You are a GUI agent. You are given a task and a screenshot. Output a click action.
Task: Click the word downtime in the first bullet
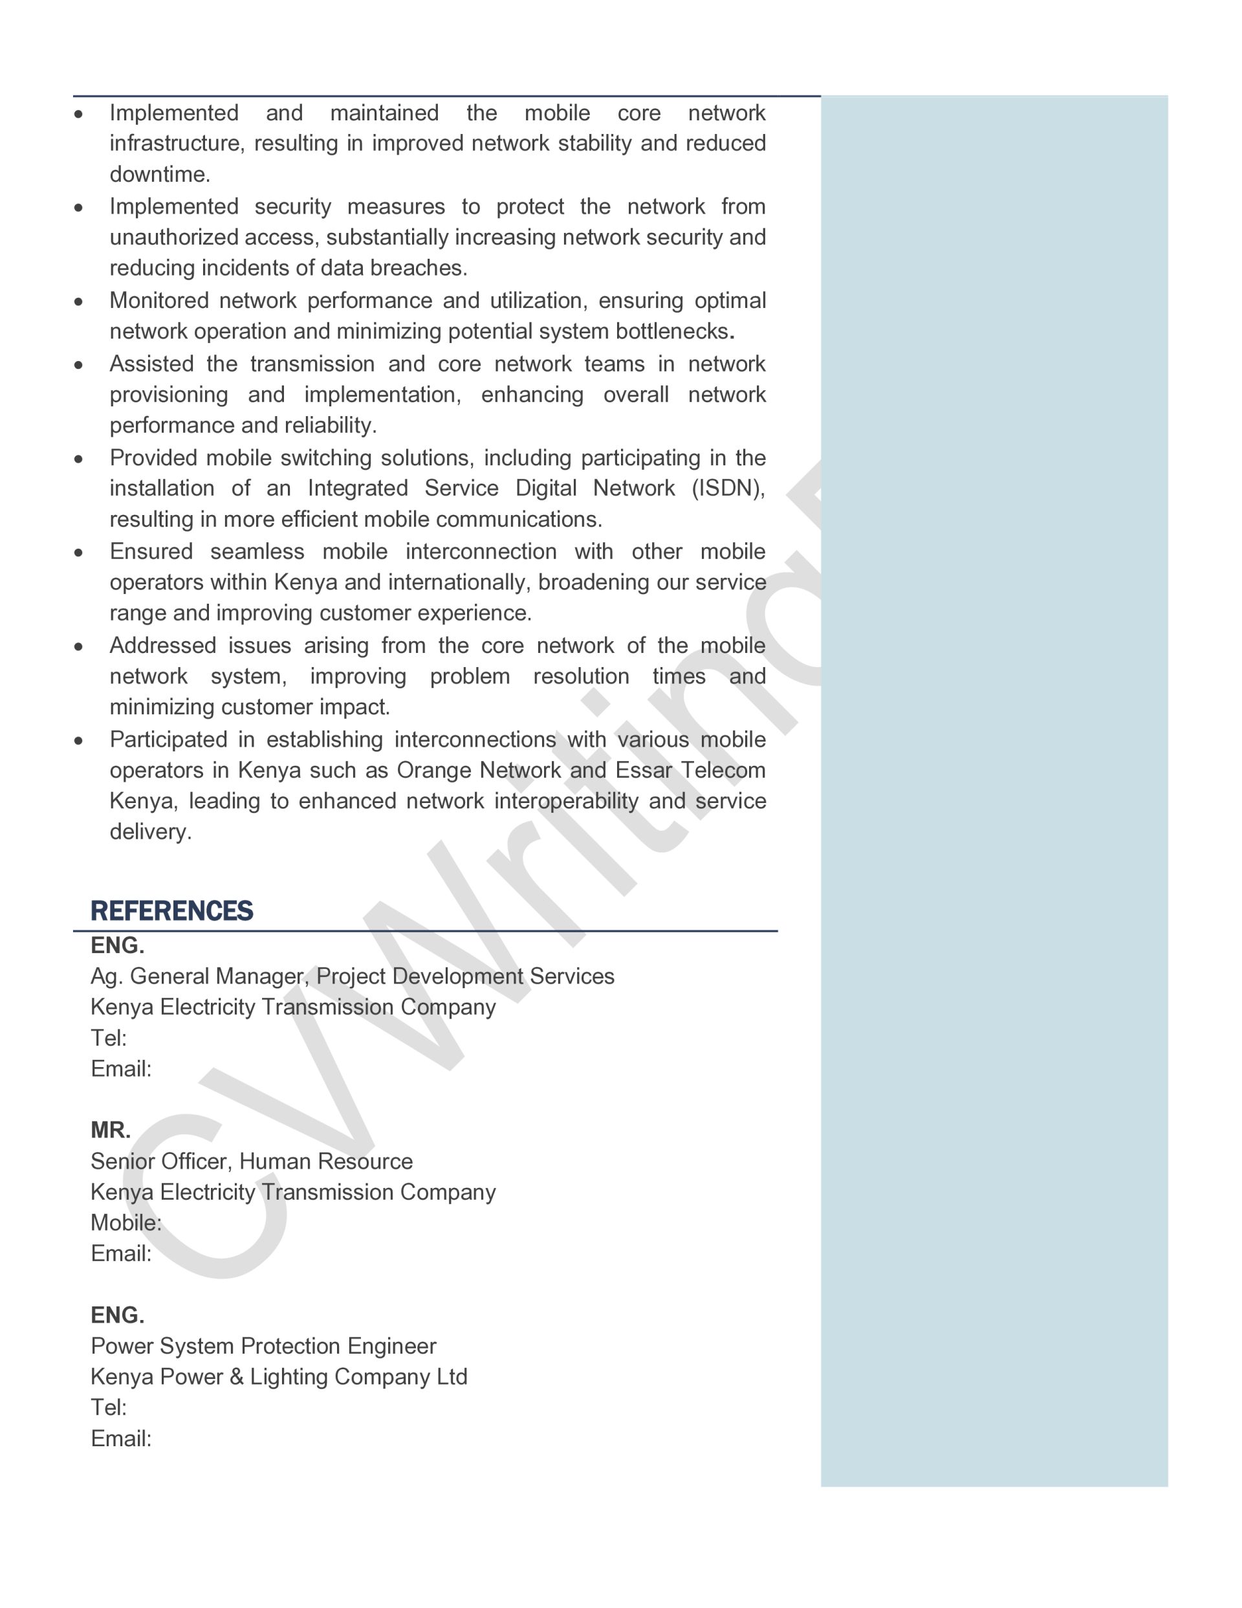click(159, 175)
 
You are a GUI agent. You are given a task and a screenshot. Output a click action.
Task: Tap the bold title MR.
click(111, 1130)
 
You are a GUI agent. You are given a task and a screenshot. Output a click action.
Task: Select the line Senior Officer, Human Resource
click(251, 1161)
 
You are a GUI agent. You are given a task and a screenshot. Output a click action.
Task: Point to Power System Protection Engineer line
click(263, 1346)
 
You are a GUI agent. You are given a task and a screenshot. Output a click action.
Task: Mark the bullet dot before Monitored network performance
click(79, 301)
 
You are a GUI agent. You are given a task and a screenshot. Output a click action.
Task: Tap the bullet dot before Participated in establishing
click(79, 740)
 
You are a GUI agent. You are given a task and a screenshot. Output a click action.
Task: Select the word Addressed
click(163, 646)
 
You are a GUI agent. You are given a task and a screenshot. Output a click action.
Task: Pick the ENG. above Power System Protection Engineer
click(117, 1315)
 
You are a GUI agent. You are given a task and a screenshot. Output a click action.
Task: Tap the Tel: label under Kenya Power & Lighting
click(108, 1408)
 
